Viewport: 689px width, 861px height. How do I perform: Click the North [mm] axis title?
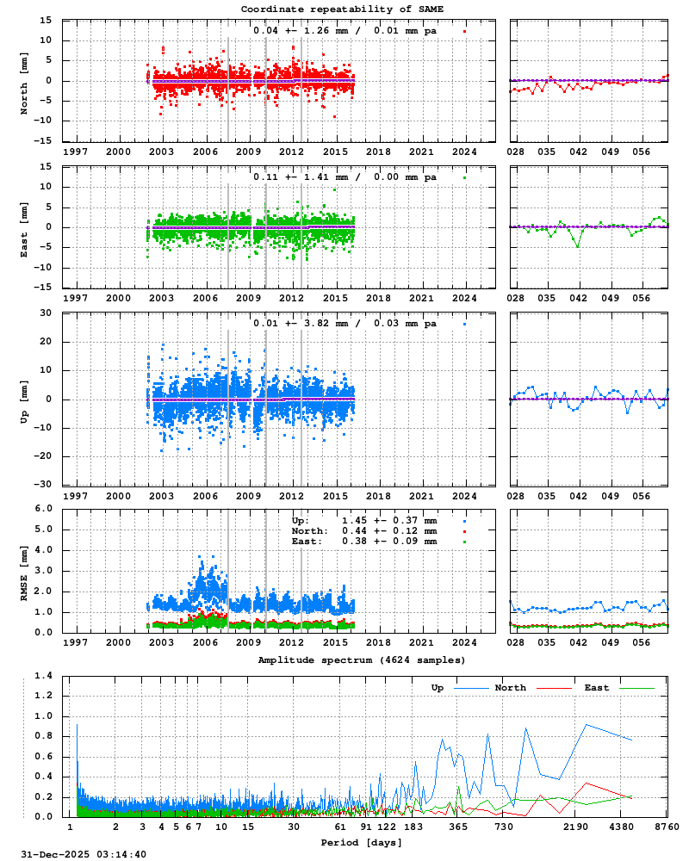click(x=25, y=80)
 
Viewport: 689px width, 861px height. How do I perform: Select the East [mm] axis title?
click(x=25, y=226)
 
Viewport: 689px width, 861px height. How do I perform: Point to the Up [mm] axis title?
click(x=25, y=399)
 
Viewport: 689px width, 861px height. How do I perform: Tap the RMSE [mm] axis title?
click(x=25, y=570)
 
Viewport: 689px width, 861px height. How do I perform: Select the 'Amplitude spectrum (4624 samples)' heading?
click(x=362, y=660)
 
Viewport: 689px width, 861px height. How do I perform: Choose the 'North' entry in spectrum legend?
click(x=510, y=688)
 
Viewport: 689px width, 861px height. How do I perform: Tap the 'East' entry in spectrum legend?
click(x=596, y=688)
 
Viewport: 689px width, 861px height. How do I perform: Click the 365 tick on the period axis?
click(x=458, y=827)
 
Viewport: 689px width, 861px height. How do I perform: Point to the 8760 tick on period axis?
click(x=667, y=827)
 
